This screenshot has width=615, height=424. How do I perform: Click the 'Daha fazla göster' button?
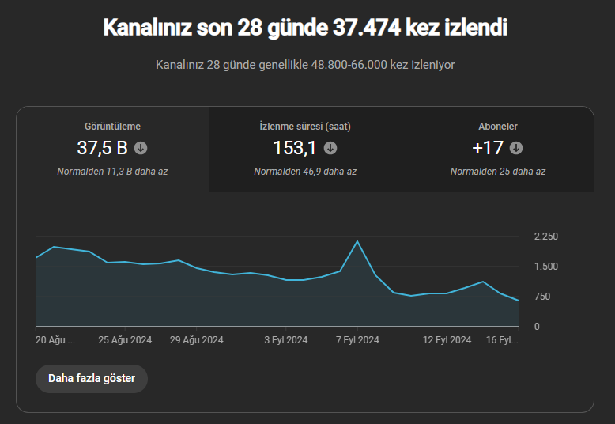pyautogui.click(x=92, y=378)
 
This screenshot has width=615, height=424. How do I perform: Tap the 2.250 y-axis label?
pyautogui.click(x=545, y=237)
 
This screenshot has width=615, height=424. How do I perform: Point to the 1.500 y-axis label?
pyautogui.click(x=545, y=267)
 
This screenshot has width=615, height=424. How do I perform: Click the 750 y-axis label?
pyautogui.click(x=542, y=297)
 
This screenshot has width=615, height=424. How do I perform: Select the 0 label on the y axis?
pyautogui.click(x=537, y=327)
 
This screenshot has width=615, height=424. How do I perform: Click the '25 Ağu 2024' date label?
pyautogui.click(x=125, y=340)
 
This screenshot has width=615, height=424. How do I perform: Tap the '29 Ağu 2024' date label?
pyautogui.click(x=197, y=340)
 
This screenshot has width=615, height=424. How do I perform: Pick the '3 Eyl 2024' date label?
pyautogui.click(x=286, y=340)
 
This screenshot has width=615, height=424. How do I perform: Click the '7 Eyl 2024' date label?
pyautogui.click(x=357, y=340)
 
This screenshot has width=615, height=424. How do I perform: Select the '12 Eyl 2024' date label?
pyautogui.click(x=447, y=340)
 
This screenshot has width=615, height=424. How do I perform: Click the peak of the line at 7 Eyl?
pyautogui.click(x=357, y=241)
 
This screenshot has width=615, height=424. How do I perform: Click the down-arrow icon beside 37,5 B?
pyautogui.click(x=141, y=148)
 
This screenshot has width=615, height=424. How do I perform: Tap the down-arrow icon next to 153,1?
pyautogui.click(x=330, y=148)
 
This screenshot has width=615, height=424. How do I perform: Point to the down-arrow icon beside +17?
pyautogui.click(x=516, y=148)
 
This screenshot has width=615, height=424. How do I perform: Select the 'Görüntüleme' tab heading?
pyautogui.click(x=112, y=127)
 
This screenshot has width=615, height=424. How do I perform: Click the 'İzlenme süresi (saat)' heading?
pyautogui.click(x=305, y=127)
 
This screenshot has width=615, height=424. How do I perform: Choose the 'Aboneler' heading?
pyautogui.click(x=498, y=127)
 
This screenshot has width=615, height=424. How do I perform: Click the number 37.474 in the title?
pyautogui.click(x=367, y=28)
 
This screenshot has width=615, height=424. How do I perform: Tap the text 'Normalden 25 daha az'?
pyautogui.click(x=498, y=172)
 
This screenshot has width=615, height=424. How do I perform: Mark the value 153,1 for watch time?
pyautogui.click(x=294, y=149)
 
